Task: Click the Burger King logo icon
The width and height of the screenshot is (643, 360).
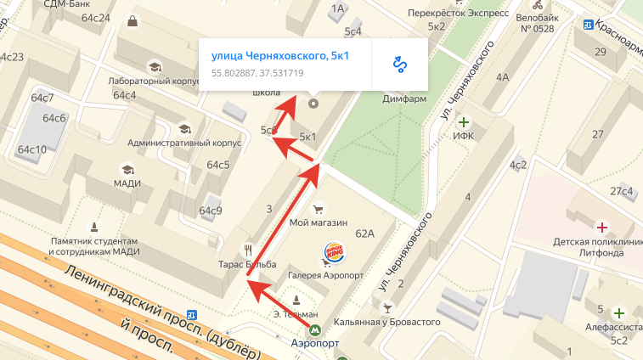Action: point(335,252)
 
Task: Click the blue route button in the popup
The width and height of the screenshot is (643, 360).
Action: point(399,64)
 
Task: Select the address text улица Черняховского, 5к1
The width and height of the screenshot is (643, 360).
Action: point(280,57)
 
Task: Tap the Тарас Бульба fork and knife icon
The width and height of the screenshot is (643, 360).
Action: point(248,250)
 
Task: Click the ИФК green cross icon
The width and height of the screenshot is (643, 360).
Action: point(463,123)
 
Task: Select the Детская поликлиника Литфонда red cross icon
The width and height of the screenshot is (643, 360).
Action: point(602,228)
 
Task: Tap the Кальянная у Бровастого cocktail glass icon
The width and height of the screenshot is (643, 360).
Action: point(387,306)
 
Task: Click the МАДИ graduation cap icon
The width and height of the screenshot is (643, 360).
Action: point(127,169)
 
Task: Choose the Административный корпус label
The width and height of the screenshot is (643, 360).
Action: point(184,143)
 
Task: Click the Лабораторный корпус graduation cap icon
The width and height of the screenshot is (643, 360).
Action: point(154,67)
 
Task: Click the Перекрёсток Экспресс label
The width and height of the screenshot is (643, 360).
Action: point(458,14)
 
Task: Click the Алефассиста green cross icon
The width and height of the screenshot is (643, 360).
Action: point(618,312)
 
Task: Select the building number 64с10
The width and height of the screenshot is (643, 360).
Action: point(31,149)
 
